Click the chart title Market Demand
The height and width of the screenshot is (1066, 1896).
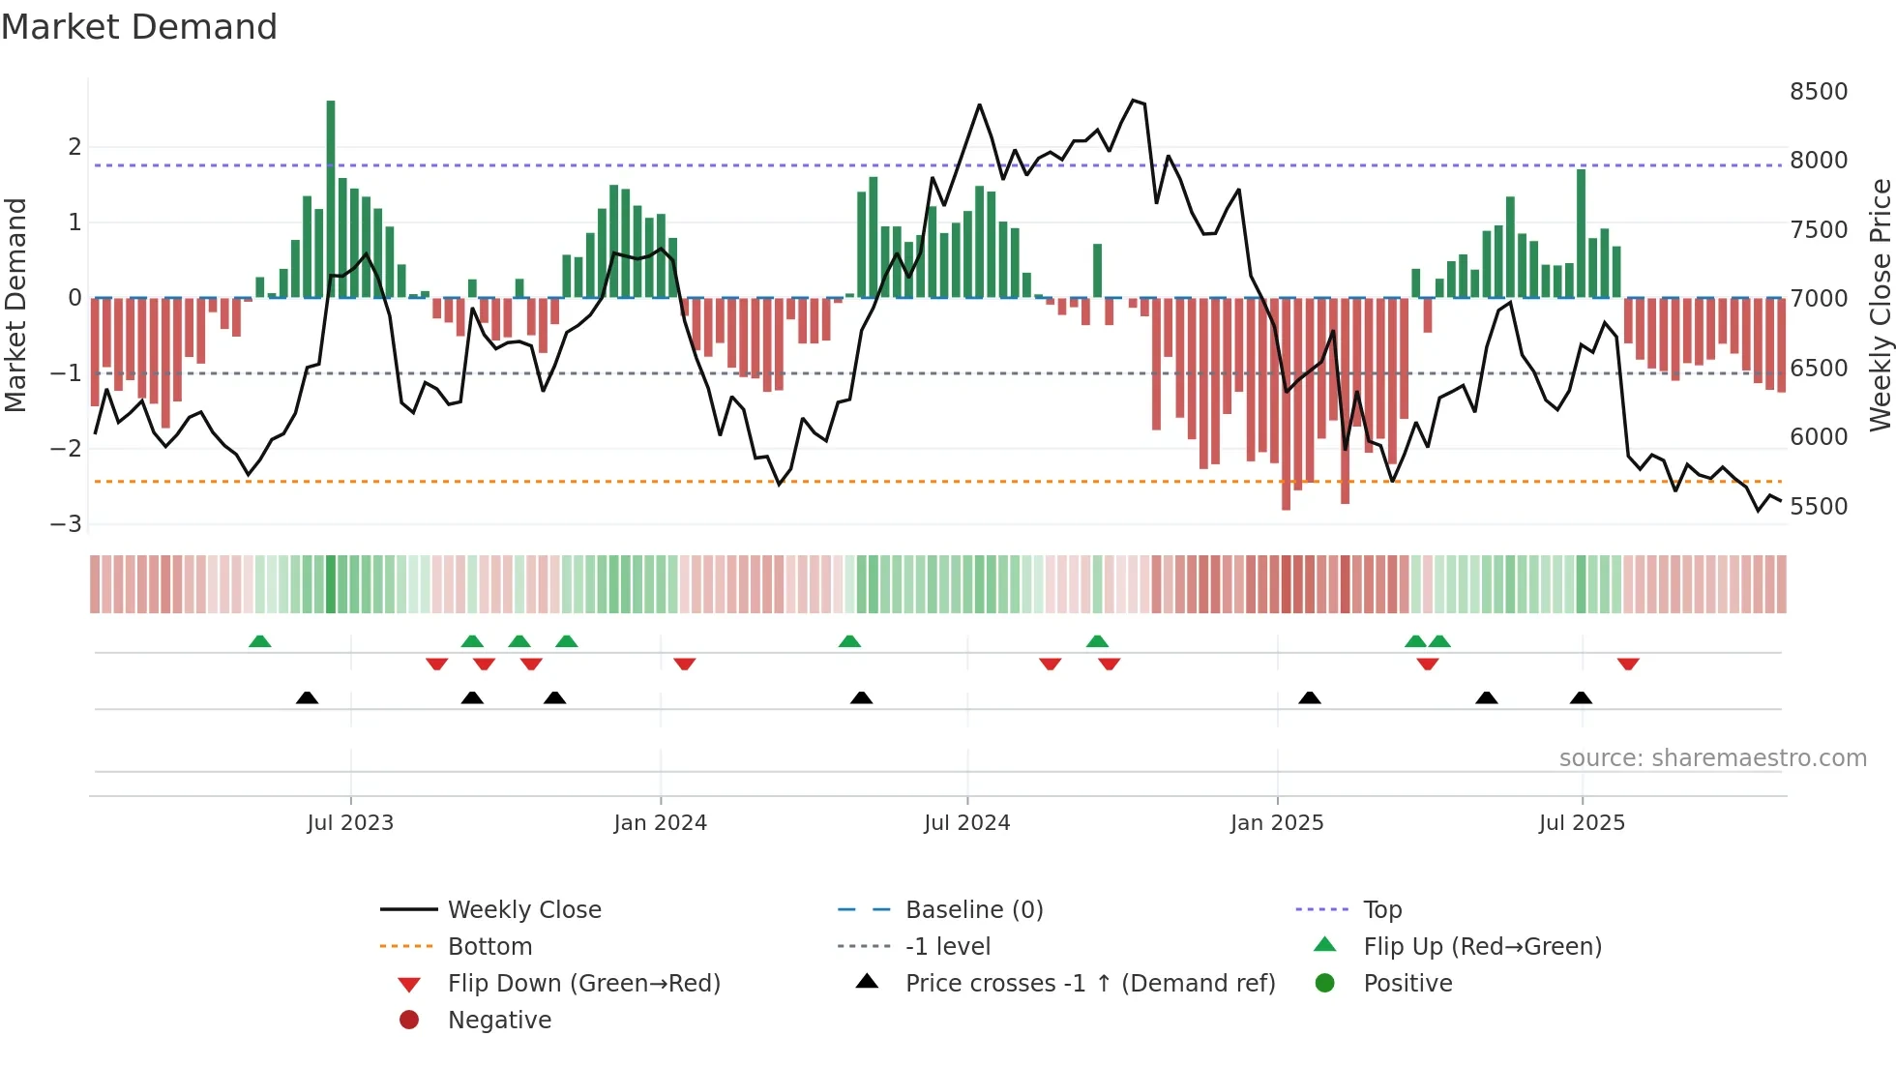[x=139, y=27]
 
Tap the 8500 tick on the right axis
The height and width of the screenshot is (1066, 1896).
[x=1818, y=92]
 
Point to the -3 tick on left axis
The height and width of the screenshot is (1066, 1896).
[x=67, y=524]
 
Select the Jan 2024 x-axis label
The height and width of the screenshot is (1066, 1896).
[x=660, y=823]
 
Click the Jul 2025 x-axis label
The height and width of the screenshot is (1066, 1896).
[x=1582, y=823]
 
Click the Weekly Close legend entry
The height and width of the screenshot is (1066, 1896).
[x=523, y=910]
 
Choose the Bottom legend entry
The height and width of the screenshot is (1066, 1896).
[x=489, y=947]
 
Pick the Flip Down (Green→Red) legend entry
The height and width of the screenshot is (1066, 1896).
[x=583, y=984]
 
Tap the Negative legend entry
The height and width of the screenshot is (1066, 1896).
[x=499, y=1021]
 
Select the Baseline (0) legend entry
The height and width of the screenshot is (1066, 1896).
[x=973, y=910]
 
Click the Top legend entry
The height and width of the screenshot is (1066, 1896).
[x=1381, y=910]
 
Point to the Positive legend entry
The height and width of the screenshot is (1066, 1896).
[x=1407, y=984]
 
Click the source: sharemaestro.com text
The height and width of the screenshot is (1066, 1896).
[x=1712, y=758]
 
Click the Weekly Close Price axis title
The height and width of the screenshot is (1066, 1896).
[x=1880, y=305]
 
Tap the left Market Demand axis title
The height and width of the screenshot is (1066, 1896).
[x=15, y=305]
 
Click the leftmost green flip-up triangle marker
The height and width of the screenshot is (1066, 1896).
[x=259, y=641]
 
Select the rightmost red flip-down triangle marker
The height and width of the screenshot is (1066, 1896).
[x=1628, y=664]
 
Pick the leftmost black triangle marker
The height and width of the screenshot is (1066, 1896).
[x=307, y=697]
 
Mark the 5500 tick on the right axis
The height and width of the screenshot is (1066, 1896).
[x=1818, y=507]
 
